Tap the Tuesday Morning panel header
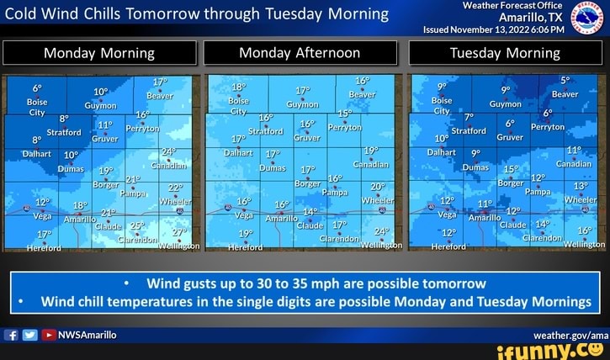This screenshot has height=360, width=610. coord(504,53)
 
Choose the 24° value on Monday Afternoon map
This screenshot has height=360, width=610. coord(381,230)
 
